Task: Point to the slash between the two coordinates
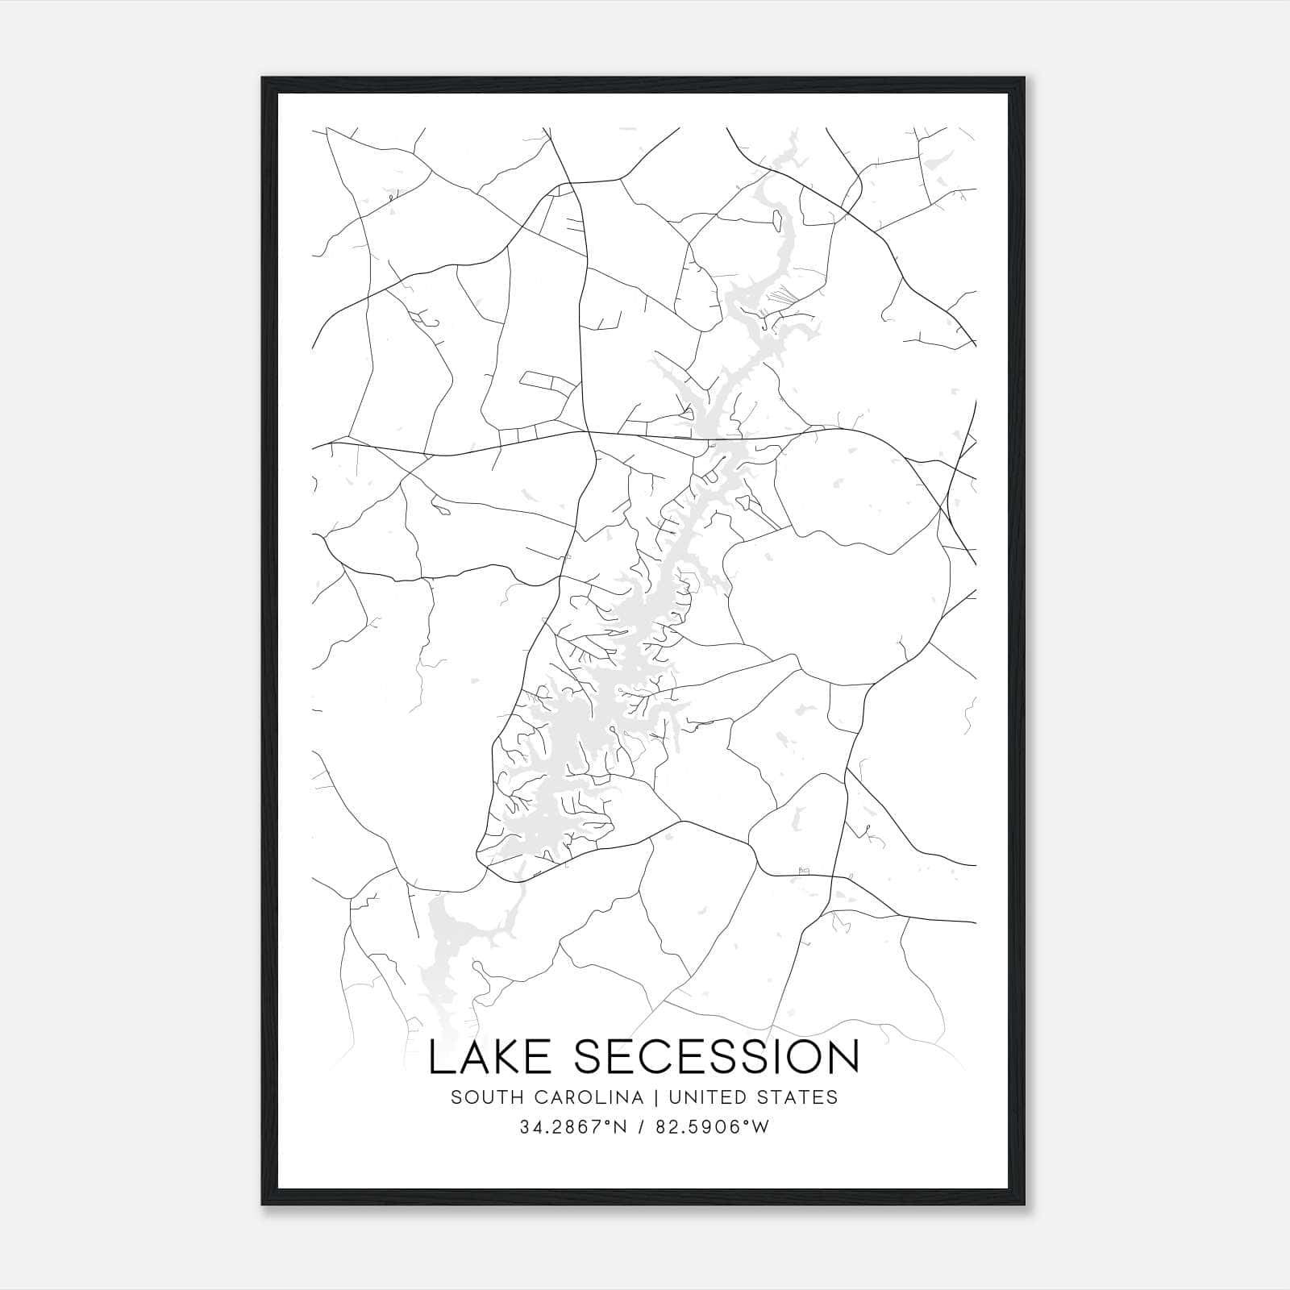pyautogui.click(x=639, y=1127)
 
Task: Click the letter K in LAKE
pyautogui.click(x=502, y=1057)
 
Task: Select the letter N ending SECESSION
pyautogui.click(x=841, y=1057)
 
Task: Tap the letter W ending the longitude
pyautogui.click(x=762, y=1127)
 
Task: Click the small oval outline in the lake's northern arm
pyautogui.click(x=778, y=218)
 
